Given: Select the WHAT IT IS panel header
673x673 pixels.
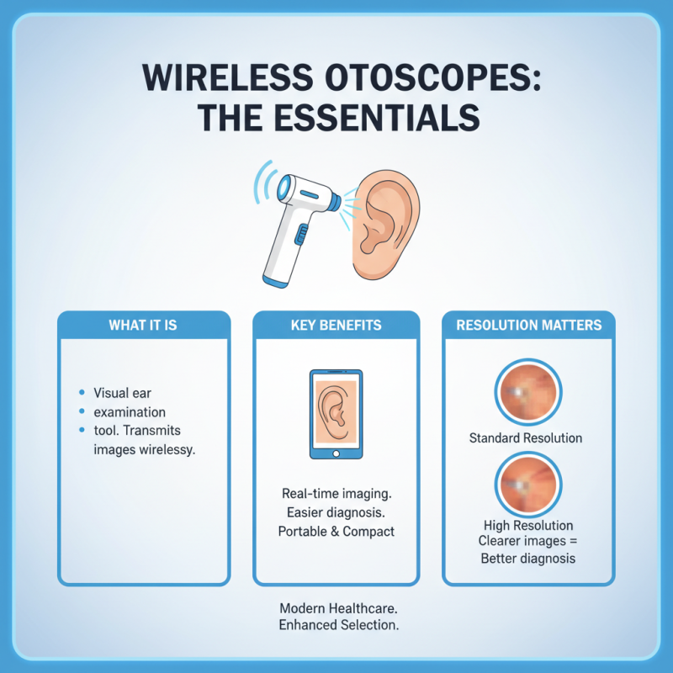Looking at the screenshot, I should click(143, 325).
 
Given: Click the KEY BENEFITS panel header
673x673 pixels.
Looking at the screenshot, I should click(336, 325).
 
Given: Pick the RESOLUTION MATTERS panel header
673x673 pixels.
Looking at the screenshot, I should click(528, 325).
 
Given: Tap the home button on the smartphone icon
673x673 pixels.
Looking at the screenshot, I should click(336, 453).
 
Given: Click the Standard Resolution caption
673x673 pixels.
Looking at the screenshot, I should click(526, 437).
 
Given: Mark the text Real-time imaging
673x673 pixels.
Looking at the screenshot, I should click(336, 492).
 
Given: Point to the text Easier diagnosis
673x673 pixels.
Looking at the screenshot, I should click(336, 511).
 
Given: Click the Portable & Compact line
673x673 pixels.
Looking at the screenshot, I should click(336, 532).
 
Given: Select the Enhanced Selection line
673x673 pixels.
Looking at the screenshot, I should click(339, 626).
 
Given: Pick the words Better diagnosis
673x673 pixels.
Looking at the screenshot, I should click(526, 559).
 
